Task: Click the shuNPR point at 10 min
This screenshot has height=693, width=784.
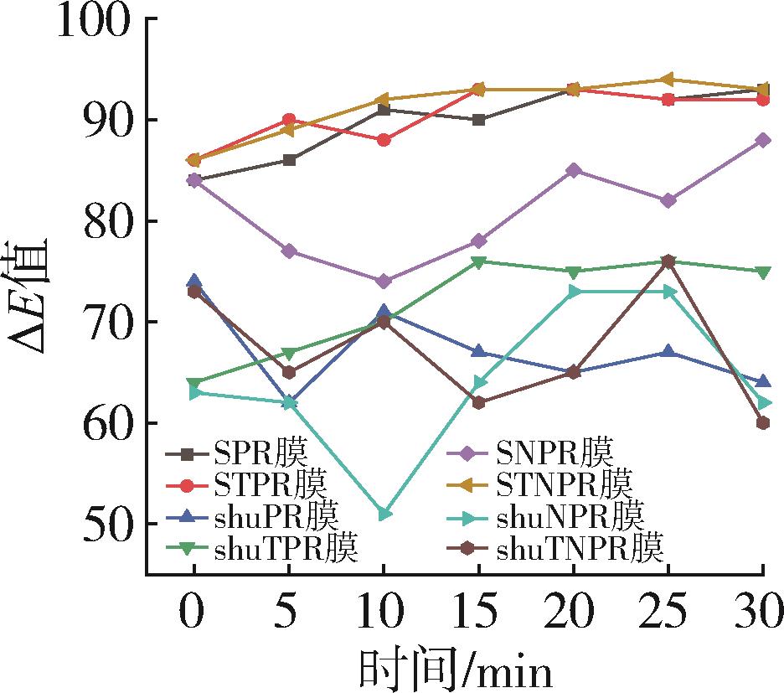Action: [384, 514]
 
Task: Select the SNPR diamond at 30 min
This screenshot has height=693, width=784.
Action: [763, 140]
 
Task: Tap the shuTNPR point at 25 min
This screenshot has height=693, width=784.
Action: [668, 261]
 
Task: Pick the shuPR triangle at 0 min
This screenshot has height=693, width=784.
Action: [193, 281]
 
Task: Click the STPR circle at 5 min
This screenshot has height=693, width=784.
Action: [289, 120]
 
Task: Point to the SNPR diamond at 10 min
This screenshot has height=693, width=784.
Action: [384, 282]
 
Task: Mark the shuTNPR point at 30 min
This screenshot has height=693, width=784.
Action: [763, 423]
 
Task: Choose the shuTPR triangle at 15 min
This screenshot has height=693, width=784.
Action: [478, 261]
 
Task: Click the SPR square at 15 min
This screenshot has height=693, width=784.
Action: [478, 120]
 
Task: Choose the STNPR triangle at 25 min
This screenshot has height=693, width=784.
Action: [668, 80]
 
